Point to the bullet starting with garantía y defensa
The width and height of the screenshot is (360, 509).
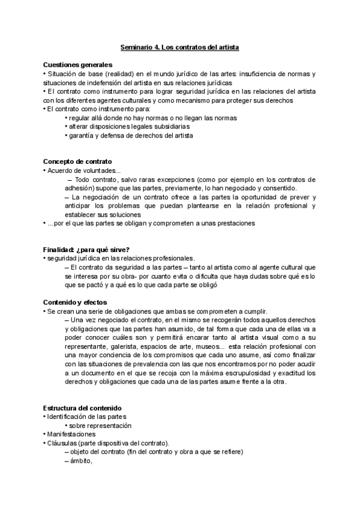coord(130,136)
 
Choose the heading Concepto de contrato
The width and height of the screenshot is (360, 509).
coord(77,162)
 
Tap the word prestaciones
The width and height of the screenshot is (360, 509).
coord(235,223)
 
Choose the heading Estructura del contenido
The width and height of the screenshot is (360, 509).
coord(82,408)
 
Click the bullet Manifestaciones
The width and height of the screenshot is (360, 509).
coord(71,435)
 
